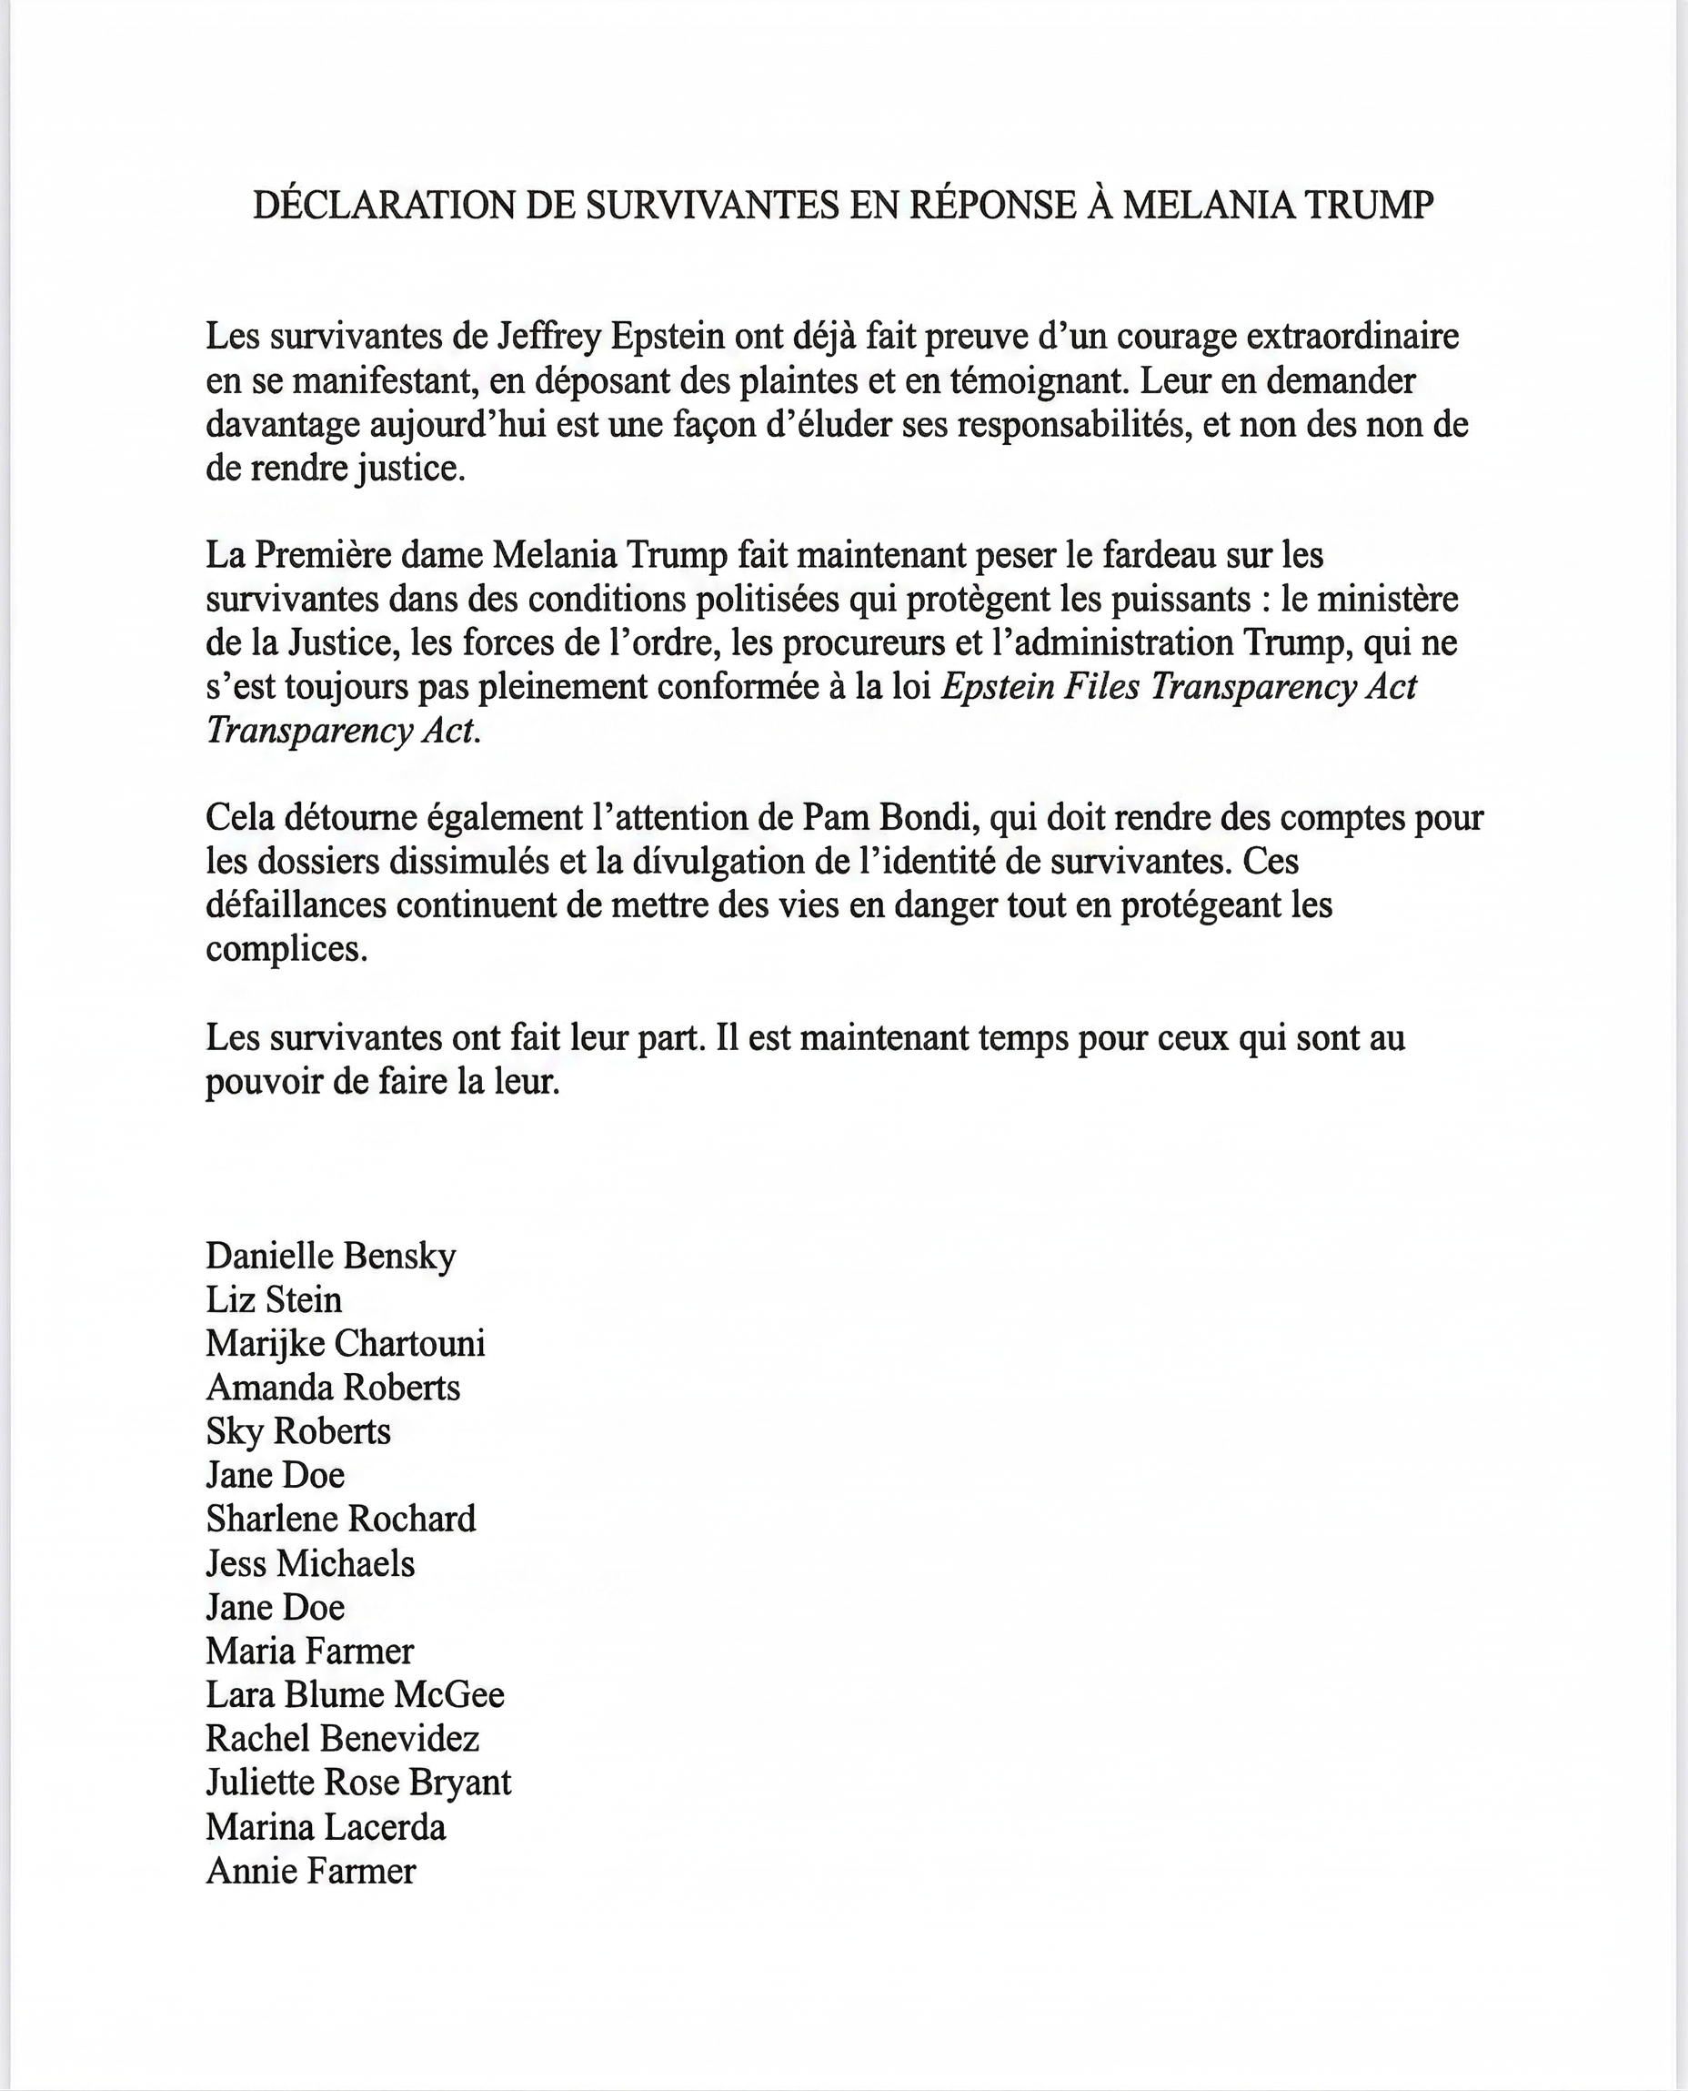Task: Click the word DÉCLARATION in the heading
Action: click(x=384, y=206)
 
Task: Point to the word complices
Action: click(x=286, y=949)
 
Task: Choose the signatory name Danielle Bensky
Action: click(x=331, y=1257)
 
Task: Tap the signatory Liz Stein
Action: click(x=274, y=1300)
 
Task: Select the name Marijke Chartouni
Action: click(x=346, y=1344)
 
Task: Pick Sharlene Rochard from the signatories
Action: click(x=341, y=1520)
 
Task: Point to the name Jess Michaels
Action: click(x=310, y=1564)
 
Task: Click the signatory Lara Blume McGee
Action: click(x=355, y=1695)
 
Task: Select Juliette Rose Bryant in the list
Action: click(x=357, y=1783)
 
